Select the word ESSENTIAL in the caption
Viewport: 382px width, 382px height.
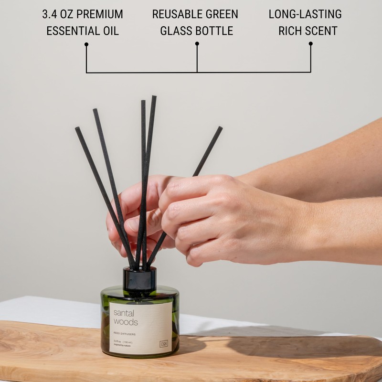point(70,32)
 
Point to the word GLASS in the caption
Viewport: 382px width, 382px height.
point(178,32)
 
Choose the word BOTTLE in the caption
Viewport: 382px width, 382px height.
point(214,32)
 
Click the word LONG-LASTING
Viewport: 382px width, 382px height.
point(305,14)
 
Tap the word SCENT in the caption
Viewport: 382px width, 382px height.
point(321,32)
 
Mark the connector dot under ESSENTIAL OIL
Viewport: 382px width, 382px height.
point(86,44)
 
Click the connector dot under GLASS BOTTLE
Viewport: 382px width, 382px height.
point(197,43)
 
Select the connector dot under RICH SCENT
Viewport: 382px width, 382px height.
point(310,43)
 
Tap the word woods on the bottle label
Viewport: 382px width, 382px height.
point(126,322)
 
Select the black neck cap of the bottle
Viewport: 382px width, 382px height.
point(139,278)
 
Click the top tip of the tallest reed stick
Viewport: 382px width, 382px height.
point(154,97)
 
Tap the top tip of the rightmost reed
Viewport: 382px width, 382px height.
point(220,128)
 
